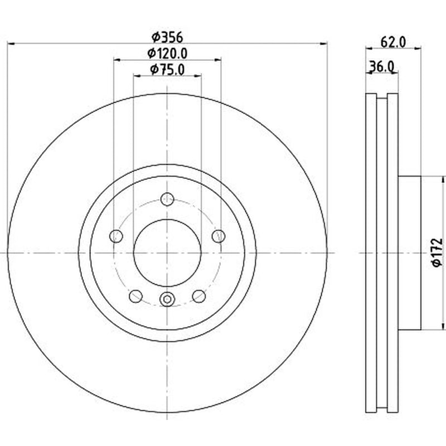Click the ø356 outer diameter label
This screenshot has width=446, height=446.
coord(167,37)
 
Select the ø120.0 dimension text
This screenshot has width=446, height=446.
coord(167,54)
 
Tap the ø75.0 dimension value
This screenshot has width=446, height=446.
coord(167,70)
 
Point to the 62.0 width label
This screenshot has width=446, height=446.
coord(393,42)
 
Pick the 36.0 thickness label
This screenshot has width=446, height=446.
coord(381,67)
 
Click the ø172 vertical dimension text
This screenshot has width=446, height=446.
coord(438,253)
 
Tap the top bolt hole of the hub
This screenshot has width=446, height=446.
coord(167,199)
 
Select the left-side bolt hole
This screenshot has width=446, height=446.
coord(116,236)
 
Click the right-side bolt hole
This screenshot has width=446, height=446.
coord(219,236)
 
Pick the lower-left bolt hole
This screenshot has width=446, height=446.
coord(135,296)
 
